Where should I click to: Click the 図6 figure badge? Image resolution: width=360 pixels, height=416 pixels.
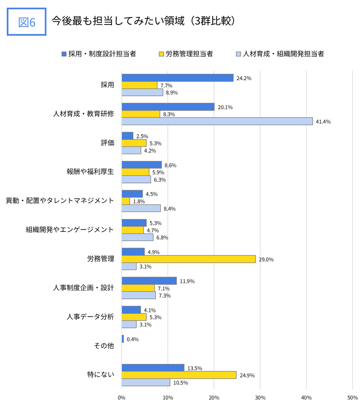pos(27,22)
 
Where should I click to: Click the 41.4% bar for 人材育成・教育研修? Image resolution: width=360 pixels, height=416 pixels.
pos(217,121)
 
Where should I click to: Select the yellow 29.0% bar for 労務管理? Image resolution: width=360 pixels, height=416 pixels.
pos(188,259)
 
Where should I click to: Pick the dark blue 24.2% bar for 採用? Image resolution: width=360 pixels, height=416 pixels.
pos(177,78)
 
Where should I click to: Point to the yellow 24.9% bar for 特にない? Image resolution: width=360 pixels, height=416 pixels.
pos(179,375)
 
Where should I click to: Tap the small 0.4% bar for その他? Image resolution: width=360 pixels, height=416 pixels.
pos(123,339)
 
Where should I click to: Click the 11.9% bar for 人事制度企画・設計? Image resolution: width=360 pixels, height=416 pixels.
pos(149,281)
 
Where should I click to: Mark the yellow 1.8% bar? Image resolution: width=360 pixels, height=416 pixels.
pos(126,201)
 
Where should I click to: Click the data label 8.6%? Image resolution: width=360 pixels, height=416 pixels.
pos(170,165)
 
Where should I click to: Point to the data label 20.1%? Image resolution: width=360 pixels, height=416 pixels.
pos(225,107)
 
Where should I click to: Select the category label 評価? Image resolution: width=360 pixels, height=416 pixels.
pos(107,143)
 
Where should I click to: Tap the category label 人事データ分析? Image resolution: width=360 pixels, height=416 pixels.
pos(90,317)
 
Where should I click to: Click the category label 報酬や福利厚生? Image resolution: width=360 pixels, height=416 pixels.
pos(90,172)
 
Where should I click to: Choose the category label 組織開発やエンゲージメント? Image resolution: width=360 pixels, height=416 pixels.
pos(70,230)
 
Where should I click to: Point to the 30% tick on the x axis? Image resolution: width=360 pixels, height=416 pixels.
pos(260,398)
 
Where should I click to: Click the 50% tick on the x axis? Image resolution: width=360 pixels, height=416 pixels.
pos(352,398)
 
